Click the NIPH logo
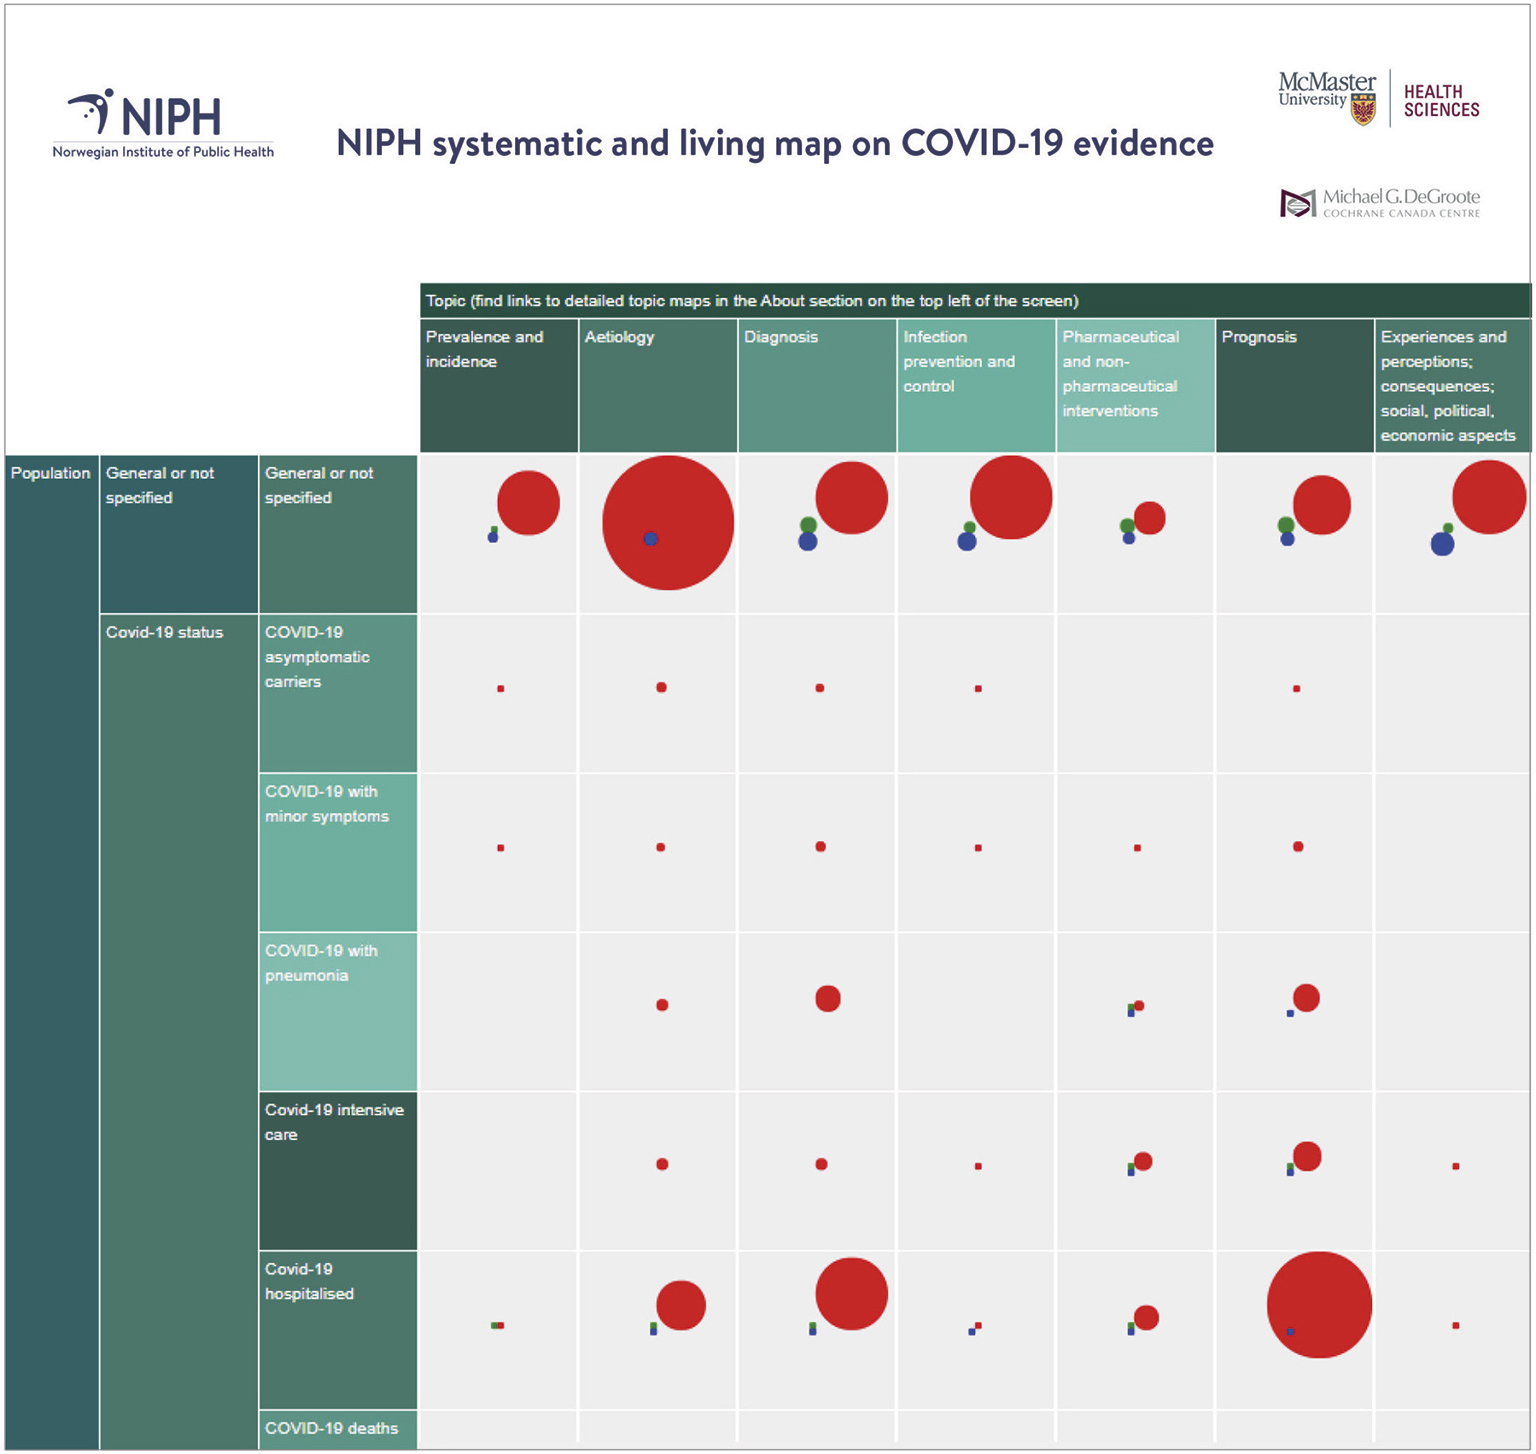162,123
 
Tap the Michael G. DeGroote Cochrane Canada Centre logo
1379,203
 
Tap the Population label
51,473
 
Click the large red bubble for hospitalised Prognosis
1319,1305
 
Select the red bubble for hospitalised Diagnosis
851,1293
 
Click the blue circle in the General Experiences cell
1442,544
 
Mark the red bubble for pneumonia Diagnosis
828,998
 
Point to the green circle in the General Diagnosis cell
808,525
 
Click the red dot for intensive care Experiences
1456,1166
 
